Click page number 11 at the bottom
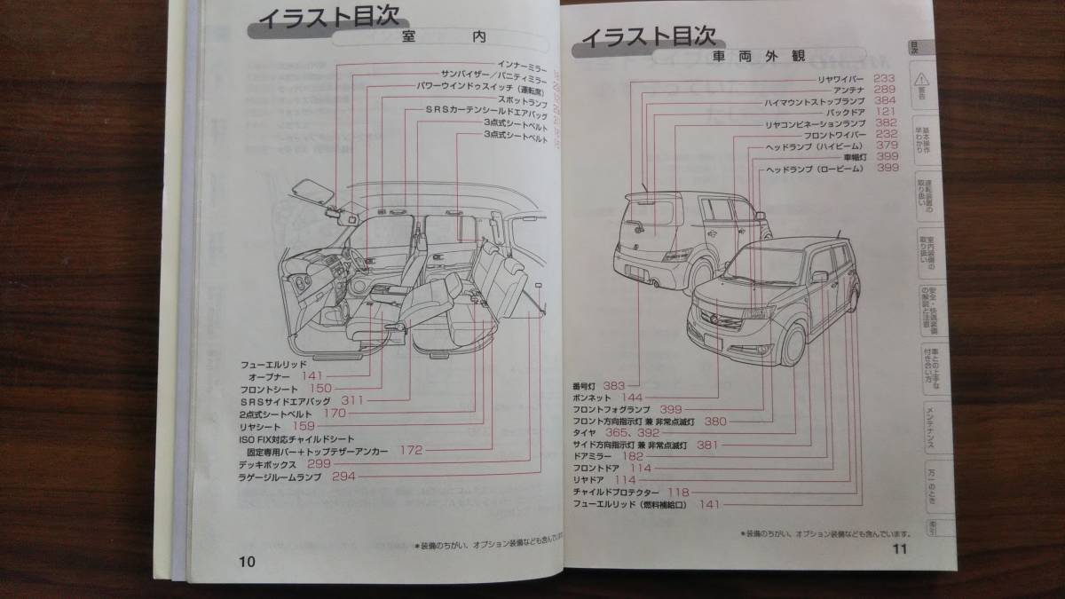pos(897,549)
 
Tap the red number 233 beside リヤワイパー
pos(886,79)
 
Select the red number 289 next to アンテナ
pos(885,91)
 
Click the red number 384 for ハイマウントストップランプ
pos(885,102)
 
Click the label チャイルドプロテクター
pos(616,492)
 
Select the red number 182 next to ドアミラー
pos(640,456)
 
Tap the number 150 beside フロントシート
pos(320,389)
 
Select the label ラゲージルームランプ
pos(283,477)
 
